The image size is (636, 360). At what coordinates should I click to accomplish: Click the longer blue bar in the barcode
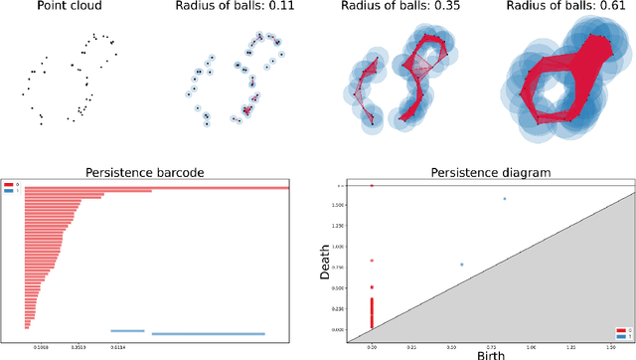click(208, 333)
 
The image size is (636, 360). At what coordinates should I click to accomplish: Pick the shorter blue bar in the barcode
click(127, 330)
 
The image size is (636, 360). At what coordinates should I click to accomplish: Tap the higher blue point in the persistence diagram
click(504, 199)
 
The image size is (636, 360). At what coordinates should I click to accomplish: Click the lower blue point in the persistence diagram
click(462, 265)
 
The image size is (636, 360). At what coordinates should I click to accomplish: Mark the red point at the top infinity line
click(372, 186)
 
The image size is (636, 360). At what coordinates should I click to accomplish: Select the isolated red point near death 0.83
click(372, 261)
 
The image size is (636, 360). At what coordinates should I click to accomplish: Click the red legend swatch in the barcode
click(9, 184)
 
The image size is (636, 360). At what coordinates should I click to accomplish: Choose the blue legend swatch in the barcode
click(9, 189)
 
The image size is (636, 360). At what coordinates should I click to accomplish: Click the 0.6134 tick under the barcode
click(118, 346)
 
